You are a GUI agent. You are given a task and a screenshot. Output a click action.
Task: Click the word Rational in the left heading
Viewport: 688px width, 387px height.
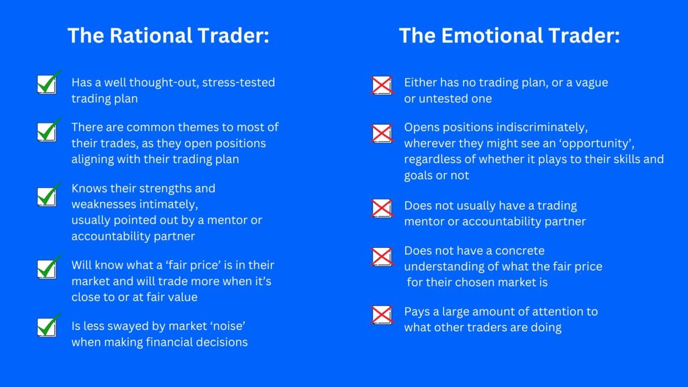(151, 35)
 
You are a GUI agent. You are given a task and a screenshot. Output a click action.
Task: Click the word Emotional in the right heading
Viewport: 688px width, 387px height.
(492, 35)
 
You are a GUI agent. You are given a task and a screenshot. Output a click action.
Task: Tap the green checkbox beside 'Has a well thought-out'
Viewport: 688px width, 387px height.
(49, 82)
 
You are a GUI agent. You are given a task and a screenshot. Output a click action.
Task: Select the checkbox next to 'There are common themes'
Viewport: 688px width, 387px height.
(49, 130)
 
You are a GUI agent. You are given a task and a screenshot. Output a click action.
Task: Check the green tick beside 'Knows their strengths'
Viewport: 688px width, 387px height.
(49, 195)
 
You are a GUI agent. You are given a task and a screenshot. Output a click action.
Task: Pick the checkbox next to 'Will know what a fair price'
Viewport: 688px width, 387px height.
(49, 267)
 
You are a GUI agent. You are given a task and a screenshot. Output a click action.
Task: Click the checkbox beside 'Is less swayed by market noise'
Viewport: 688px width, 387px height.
(49, 326)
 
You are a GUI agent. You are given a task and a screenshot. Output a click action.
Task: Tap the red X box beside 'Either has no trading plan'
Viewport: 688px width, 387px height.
(382, 85)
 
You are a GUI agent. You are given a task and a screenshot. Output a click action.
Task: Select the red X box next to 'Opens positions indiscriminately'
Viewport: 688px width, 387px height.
(382, 134)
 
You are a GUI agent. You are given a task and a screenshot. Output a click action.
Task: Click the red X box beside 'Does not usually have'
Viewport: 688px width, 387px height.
(382, 208)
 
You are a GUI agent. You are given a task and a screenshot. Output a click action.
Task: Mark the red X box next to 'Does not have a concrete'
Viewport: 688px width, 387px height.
(382, 257)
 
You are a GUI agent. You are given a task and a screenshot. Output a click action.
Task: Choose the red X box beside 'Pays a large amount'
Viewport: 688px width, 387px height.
(382, 315)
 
